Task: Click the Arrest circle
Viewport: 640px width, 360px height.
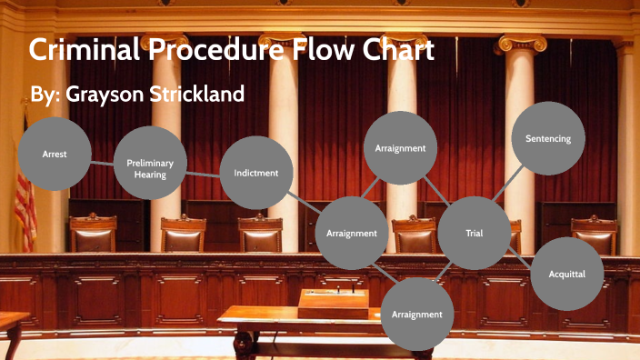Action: (x=54, y=155)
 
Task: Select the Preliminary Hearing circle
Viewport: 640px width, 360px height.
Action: (x=150, y=167)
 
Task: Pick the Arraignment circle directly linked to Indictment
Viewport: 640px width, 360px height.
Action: (x=352, y=234)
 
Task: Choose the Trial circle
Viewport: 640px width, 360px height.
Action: (x=474, y=234)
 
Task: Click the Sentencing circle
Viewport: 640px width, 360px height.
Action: (x=548, y=138)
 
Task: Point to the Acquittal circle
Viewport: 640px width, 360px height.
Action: (x=567, y=274)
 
